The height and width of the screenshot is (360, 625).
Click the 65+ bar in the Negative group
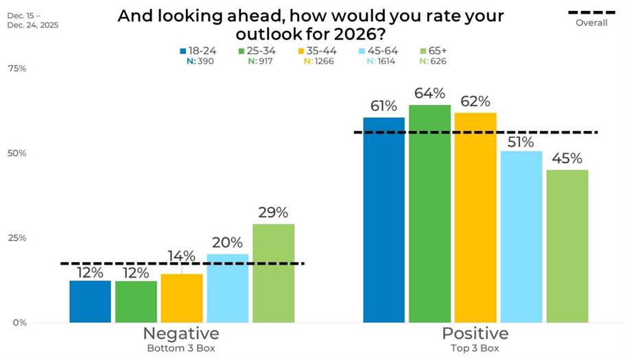pos(273,273)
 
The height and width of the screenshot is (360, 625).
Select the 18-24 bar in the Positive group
pos(384,219)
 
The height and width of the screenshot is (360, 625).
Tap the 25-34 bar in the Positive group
pos(429,213)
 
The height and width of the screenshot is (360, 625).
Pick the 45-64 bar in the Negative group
pos(227,288)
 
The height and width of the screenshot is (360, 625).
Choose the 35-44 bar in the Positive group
pos(475,217)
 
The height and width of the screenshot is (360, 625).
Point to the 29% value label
pos(273,212)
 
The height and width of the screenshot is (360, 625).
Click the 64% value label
pos(429,93)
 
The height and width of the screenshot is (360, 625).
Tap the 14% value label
pos(182,256)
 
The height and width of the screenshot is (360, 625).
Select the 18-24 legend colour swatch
pos(183,51)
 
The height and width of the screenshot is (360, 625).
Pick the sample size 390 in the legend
pos(203,61)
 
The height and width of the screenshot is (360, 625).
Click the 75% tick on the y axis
pos(17,69)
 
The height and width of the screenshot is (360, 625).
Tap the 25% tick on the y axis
pos(17,238)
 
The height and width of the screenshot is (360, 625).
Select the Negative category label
pos(181,334)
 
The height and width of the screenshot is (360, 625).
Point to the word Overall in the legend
pos(591,23)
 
